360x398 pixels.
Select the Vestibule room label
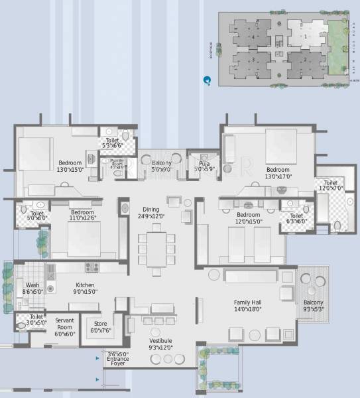pos(160,343)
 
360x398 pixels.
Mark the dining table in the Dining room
pos(158,246)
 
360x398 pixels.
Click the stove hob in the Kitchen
pos(91,267)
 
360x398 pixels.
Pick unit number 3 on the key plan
pos(253,60)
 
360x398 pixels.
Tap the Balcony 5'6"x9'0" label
pos(161,166)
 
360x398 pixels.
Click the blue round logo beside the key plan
pos(208,80)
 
